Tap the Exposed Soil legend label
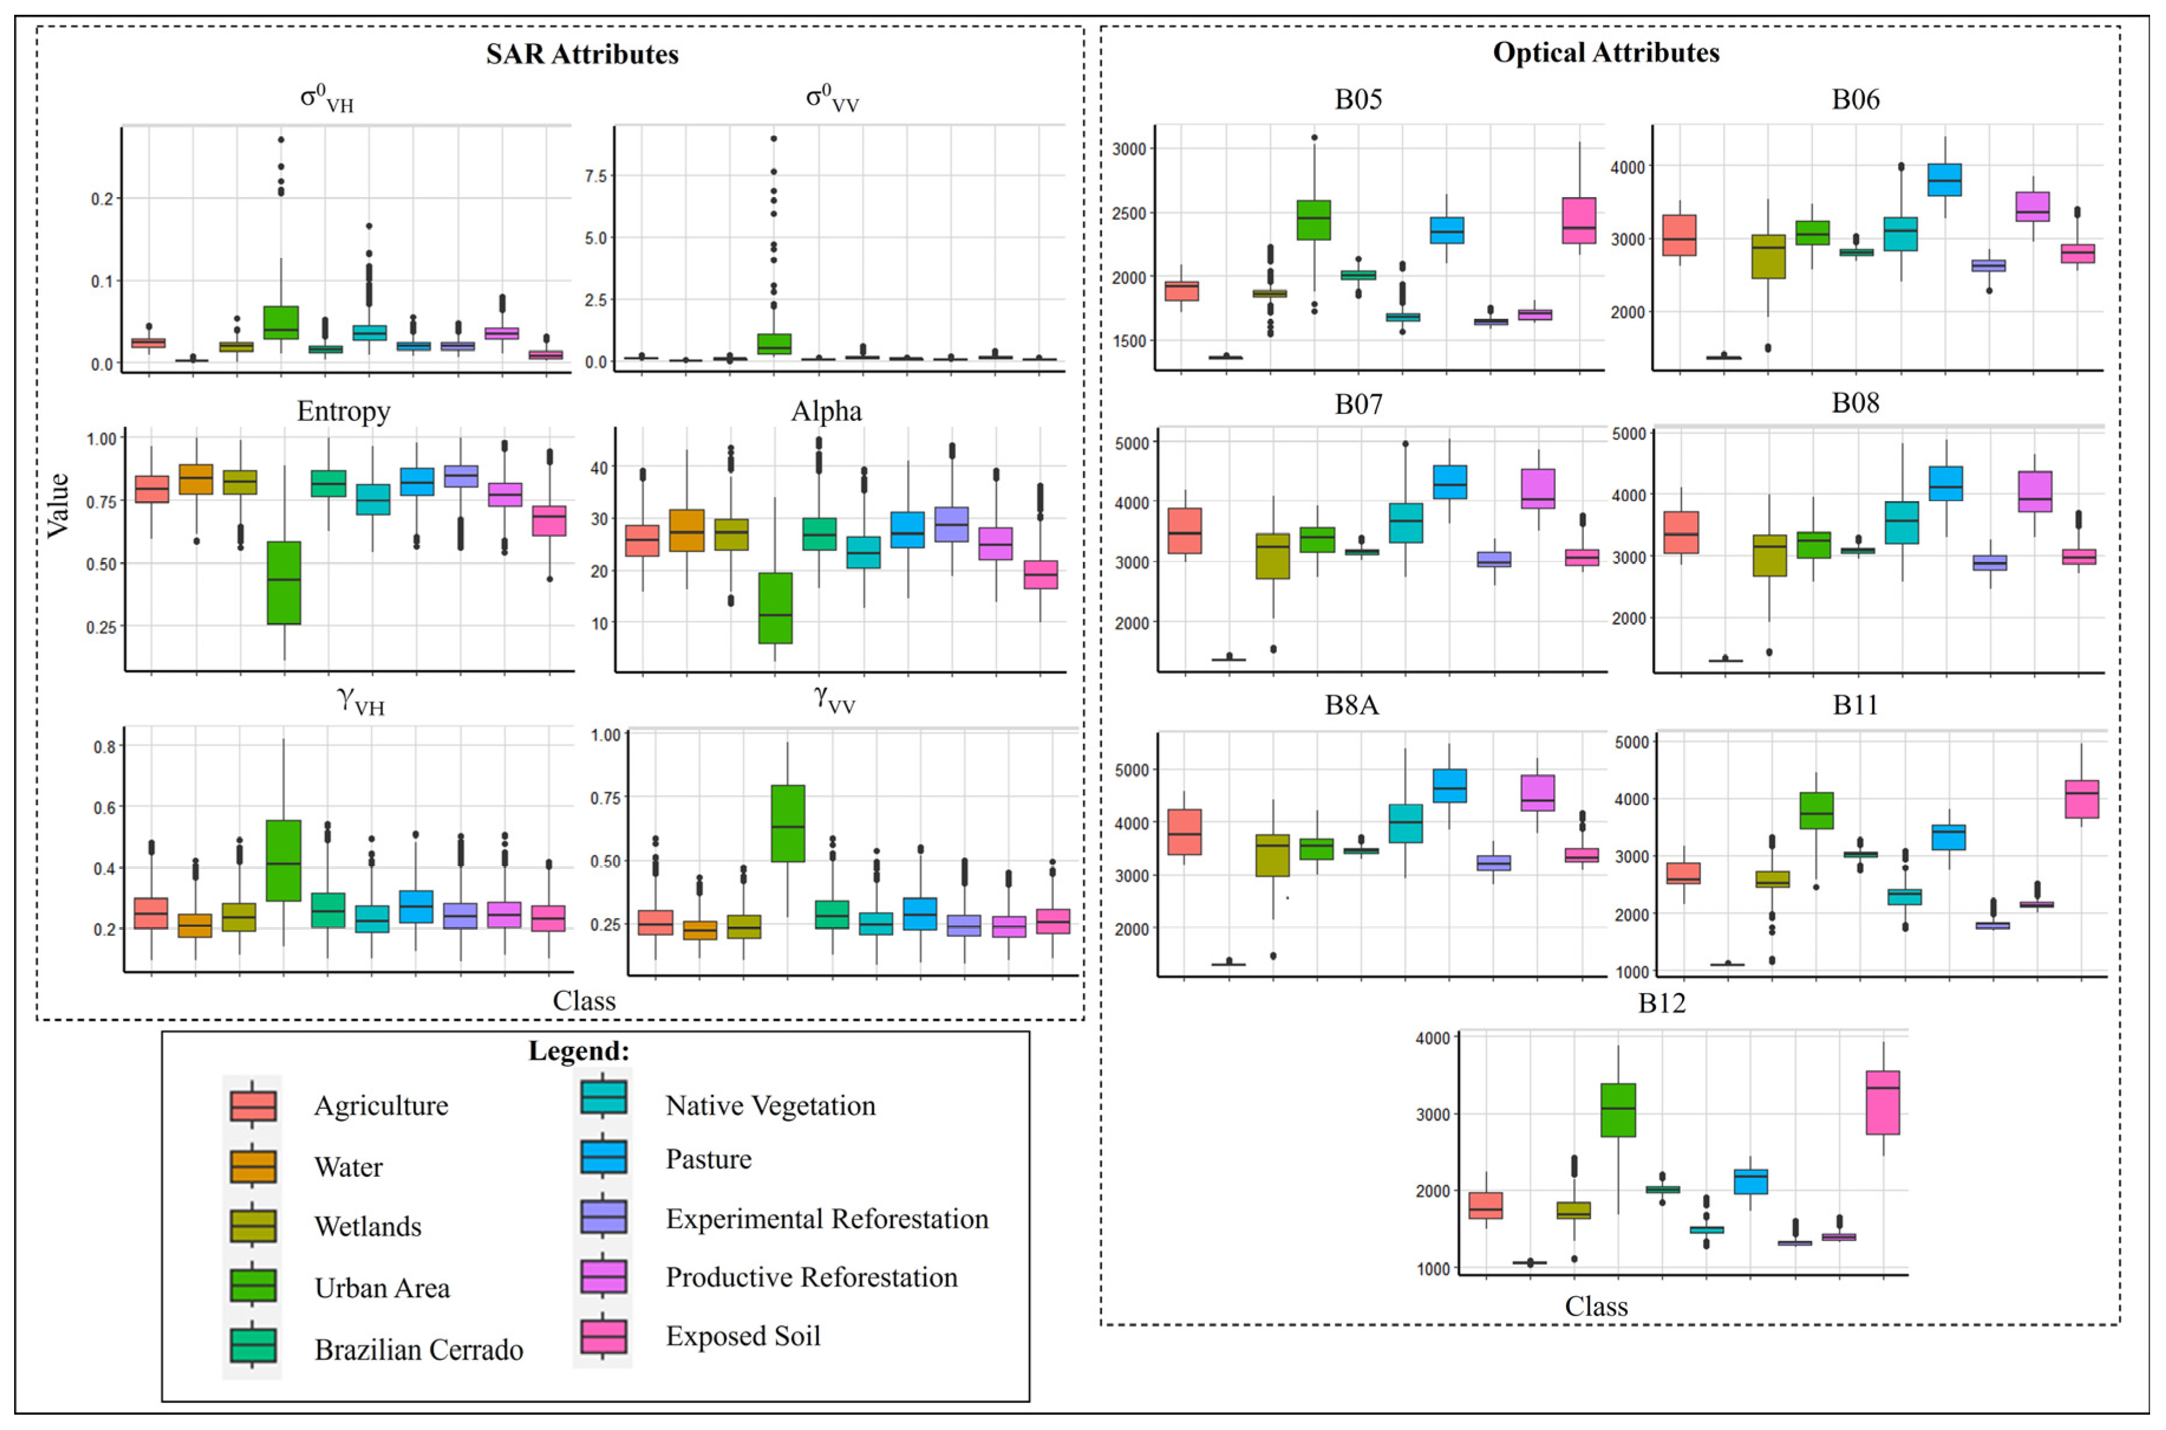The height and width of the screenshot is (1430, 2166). (x=743, y=1336)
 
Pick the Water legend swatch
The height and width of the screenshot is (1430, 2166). (x=253, y=1165)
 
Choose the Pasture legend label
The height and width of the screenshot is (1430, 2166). (x=708, y=1159)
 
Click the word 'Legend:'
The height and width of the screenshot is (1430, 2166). (x=579, y=1050)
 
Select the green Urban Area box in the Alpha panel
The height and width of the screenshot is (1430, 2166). (x=775, y=608)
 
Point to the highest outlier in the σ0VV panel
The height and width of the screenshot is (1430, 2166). (x=773, y=139)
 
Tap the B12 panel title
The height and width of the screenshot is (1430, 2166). (x=1661, y=1003)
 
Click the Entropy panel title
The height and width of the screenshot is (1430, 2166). (x=344, y=412)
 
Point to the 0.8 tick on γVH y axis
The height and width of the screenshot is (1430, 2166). (x=105, y=747)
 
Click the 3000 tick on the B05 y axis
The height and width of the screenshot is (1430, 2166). (x=1129, y=149)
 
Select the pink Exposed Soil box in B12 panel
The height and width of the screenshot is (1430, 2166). (x=1883, y=1102)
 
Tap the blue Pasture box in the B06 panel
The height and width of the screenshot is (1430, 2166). (x=1945, y=179)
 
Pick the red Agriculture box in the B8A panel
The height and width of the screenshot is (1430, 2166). (x=1184, y=832)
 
